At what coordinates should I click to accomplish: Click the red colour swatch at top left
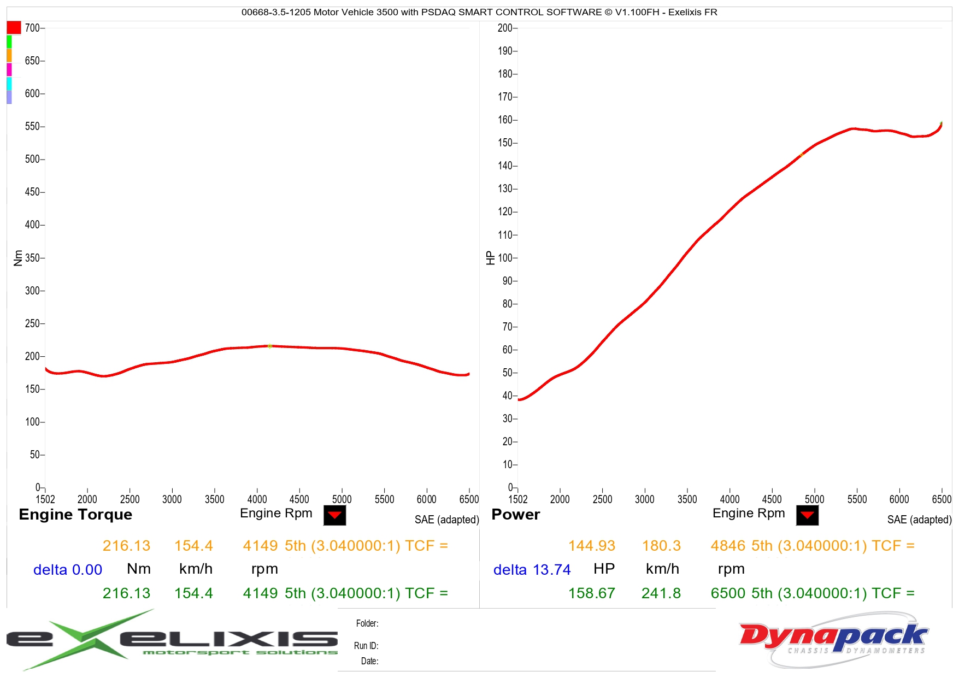14,27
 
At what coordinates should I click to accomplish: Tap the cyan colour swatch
9,83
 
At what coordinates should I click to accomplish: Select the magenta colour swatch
9,69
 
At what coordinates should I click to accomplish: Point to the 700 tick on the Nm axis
33,28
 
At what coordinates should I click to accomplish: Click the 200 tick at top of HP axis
505,28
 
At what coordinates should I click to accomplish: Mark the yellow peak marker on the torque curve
269,346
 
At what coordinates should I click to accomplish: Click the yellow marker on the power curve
802,155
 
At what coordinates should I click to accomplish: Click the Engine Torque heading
75,515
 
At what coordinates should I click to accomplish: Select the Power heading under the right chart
515,515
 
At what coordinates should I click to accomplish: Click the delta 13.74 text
532,570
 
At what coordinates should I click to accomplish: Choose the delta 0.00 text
68,570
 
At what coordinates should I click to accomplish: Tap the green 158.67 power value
591,593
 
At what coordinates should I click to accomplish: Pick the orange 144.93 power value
591,546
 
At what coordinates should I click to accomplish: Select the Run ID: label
366,646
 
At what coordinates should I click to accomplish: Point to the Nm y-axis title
18,258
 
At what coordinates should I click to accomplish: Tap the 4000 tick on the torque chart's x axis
257,499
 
